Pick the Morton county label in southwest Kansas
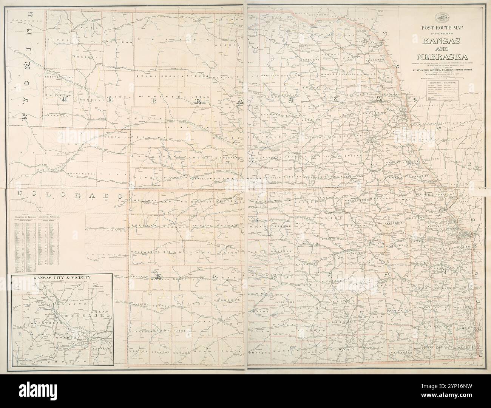click(137, 352)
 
